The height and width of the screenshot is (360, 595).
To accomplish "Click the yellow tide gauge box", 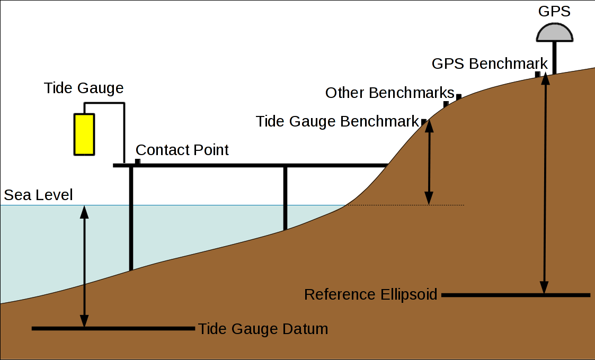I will (84, 134).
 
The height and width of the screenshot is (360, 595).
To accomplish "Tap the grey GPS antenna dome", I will (554, 33).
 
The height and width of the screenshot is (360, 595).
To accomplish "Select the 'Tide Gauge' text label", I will (84, 88).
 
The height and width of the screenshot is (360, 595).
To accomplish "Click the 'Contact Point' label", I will (182, 150).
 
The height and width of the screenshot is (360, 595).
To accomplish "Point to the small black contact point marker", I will (138, 161).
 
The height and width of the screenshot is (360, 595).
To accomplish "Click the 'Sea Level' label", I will (38, 195).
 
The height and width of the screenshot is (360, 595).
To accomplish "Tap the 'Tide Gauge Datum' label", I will (263, 329).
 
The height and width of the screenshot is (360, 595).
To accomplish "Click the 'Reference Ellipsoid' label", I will (370, 294).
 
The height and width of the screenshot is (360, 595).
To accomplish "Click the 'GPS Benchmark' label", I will (490, 64).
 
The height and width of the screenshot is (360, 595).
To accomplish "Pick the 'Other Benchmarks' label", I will (389, 93).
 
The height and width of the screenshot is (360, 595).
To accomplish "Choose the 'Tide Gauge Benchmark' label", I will (338, 121).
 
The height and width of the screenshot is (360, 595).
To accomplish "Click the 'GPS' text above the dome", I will (554, 11).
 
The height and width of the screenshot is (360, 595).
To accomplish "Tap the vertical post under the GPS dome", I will (554, 58).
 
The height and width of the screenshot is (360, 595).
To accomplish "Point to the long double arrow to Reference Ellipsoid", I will (544, 185).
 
